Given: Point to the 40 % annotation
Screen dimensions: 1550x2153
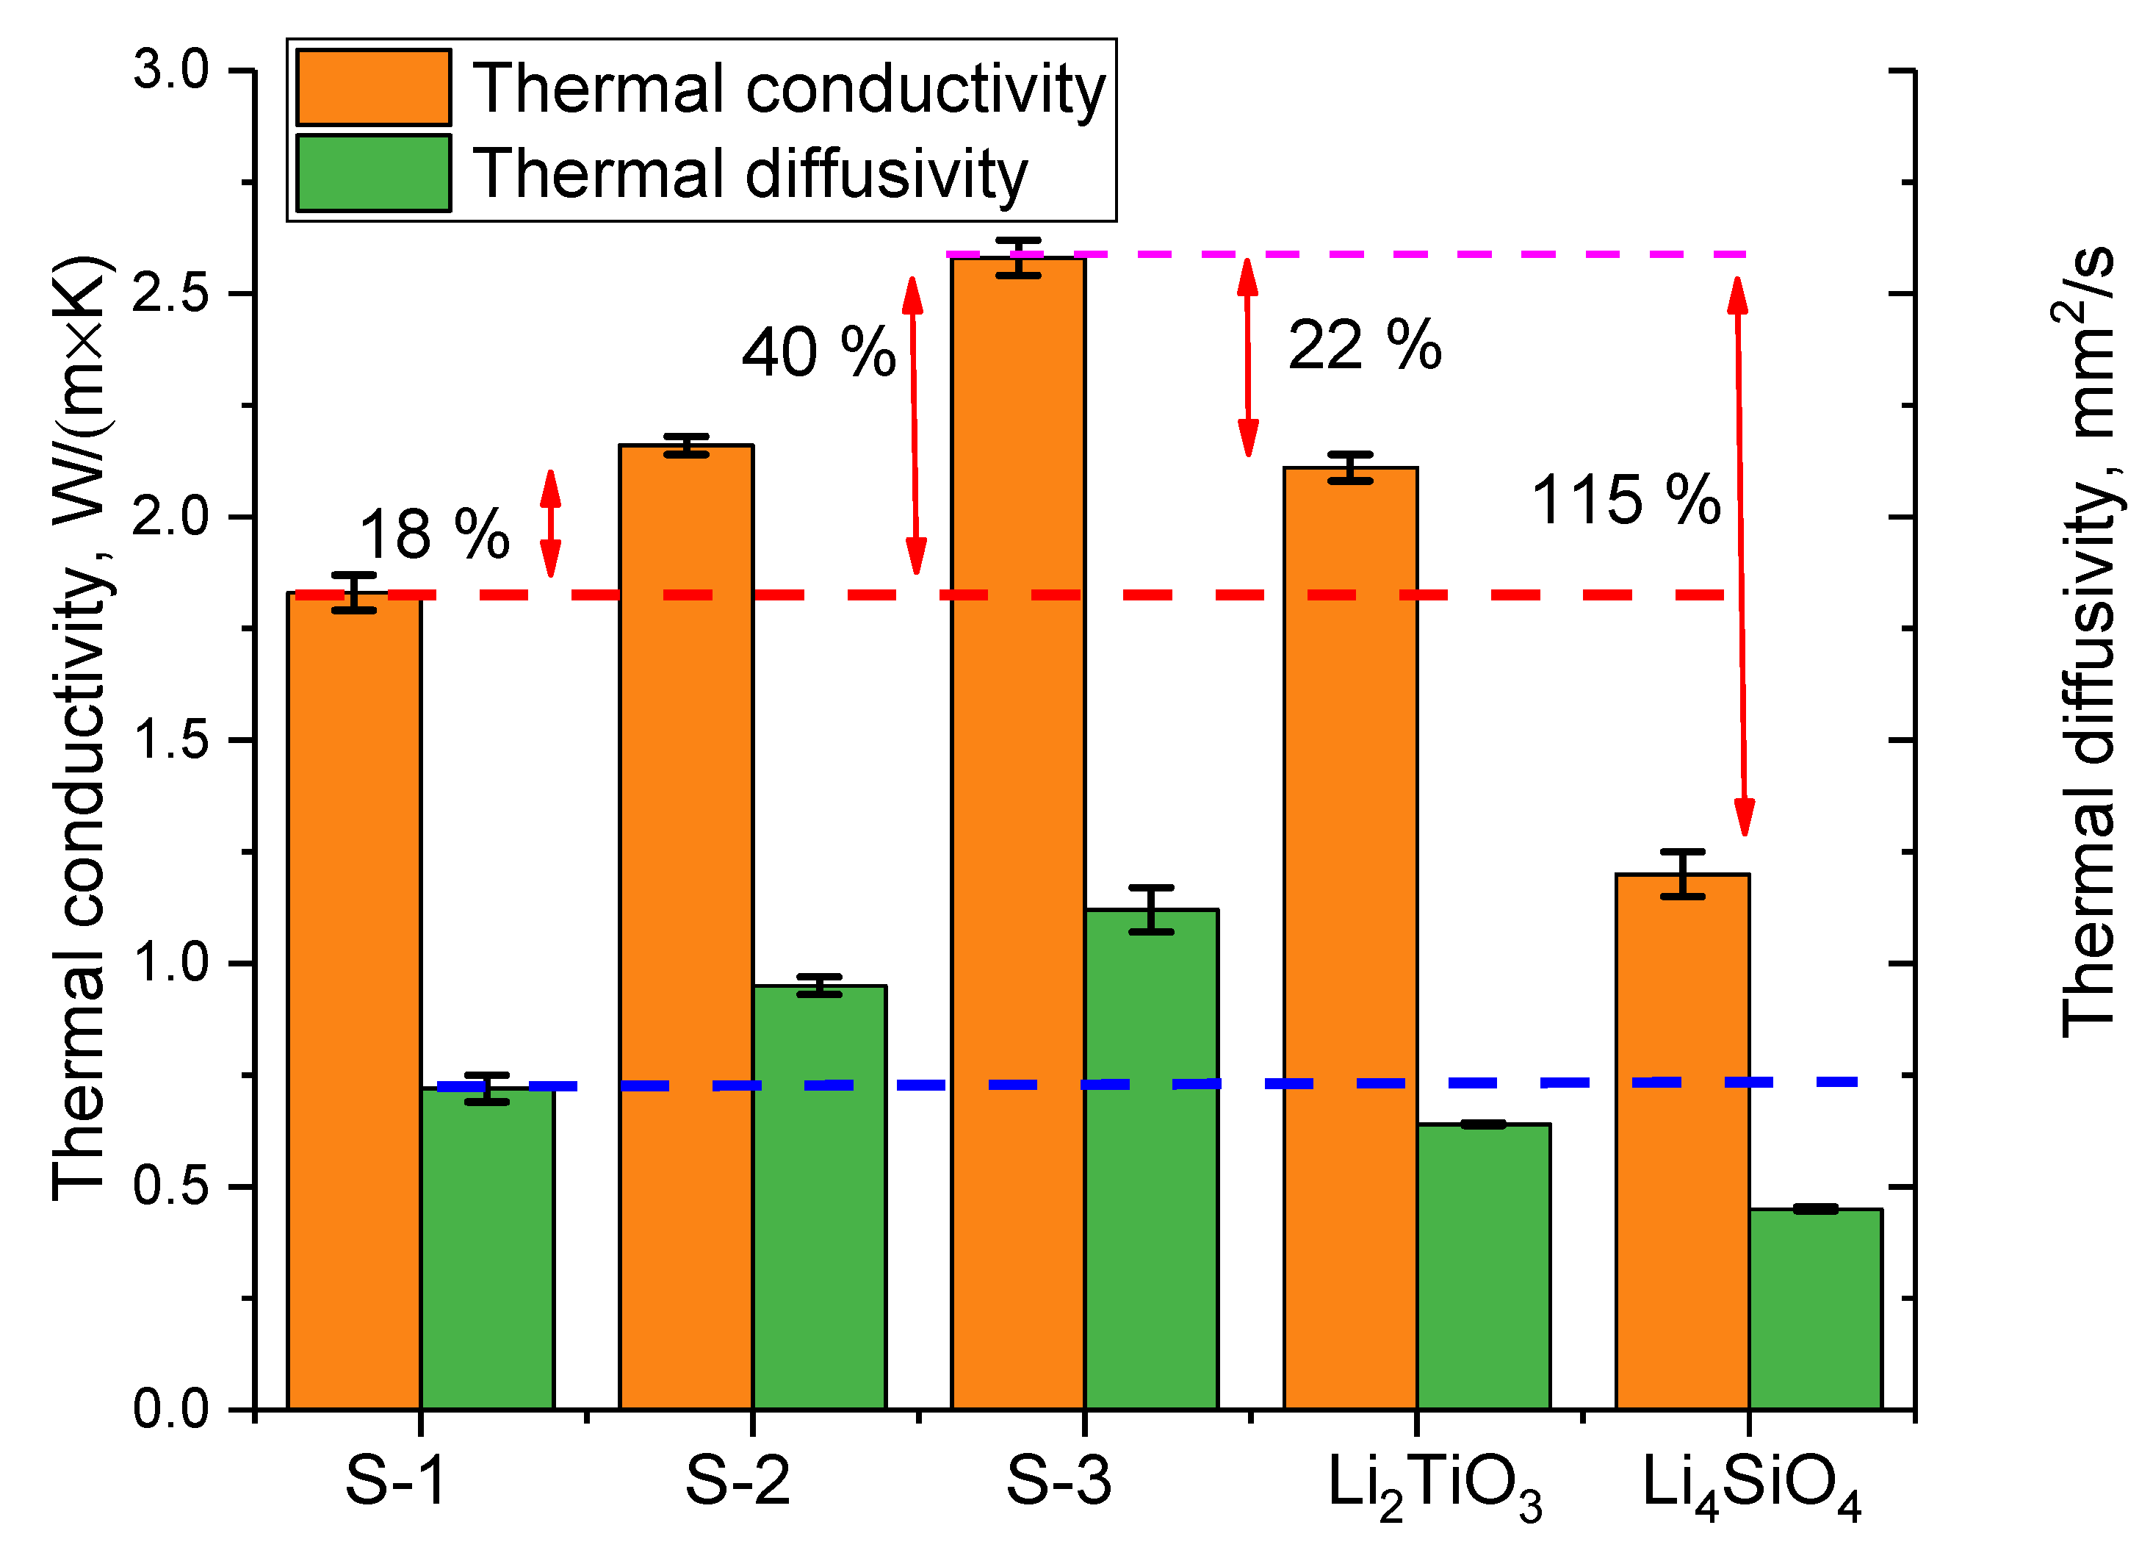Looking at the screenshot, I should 818,352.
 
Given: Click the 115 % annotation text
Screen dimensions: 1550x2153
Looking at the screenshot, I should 1625,500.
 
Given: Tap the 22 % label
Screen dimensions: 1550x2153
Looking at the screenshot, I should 1364,345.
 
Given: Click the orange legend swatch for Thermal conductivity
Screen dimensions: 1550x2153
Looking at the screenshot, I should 373,87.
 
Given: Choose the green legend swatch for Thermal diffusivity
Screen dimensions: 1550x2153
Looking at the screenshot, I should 373,173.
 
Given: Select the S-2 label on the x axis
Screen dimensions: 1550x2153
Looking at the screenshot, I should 737,1479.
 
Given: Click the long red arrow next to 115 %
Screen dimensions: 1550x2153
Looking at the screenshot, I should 1741,556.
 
